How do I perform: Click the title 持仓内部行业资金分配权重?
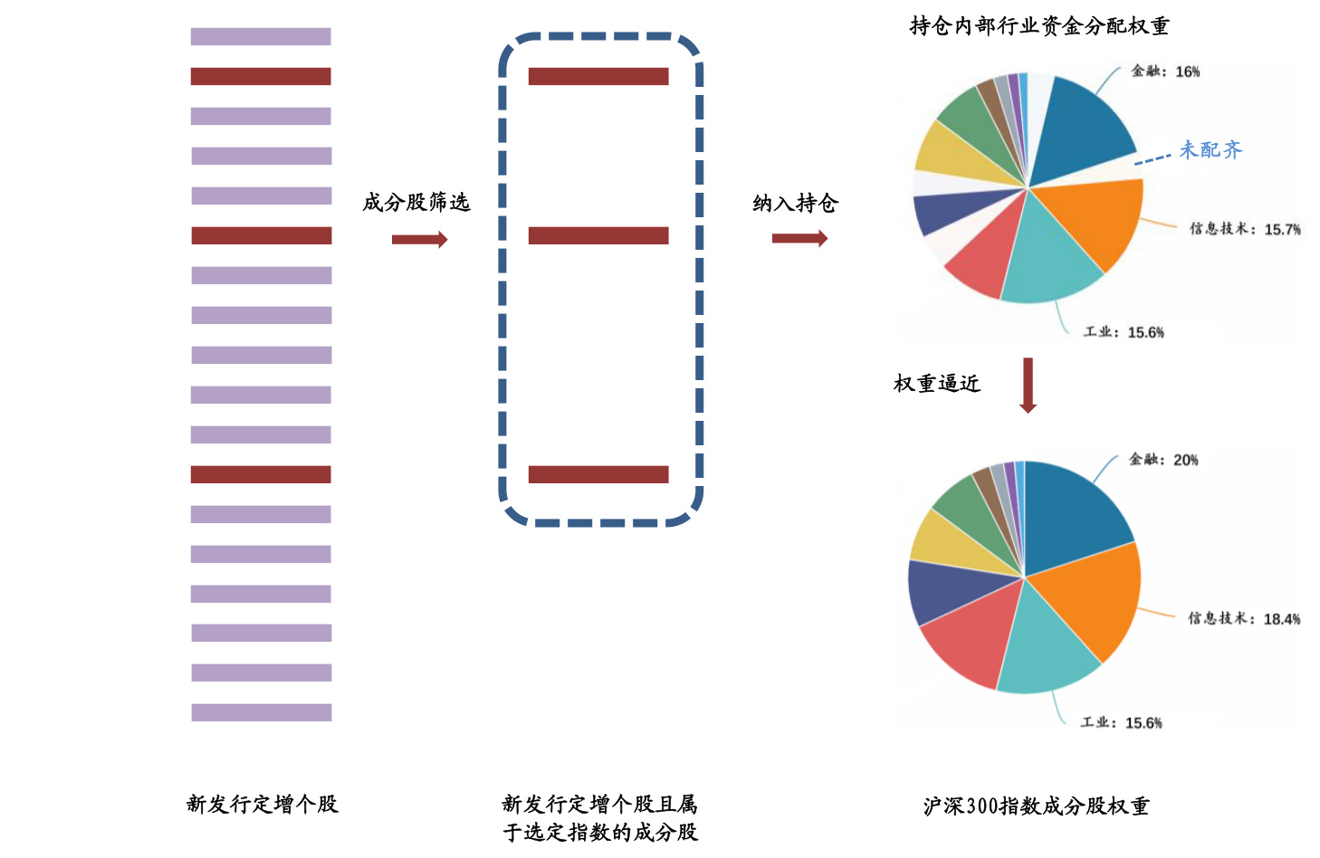tap(1038, 26)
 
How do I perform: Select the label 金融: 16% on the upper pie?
tap(1165, 71)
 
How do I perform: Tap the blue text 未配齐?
tap(1210, 150)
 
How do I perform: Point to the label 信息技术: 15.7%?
tap(1245, 229)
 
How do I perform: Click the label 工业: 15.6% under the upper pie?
tap(1124, 332)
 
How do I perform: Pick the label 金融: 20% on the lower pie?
tap(1163, 460)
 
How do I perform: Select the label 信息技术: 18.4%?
tap(1244, 619)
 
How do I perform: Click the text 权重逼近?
tap(937, 384)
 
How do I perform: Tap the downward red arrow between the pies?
tap(1028, 386)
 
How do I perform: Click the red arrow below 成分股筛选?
tap(419, 239)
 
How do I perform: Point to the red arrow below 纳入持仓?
tap(799, 238)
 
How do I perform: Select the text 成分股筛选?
tap(416, 203)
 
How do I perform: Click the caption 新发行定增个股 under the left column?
tap(262, 804)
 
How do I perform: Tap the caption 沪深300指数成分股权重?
tap(1036, 806)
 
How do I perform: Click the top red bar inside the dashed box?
tap(598, 77)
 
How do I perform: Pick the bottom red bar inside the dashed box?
tap(598, 474)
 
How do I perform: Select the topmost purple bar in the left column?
tap(261, 37)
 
